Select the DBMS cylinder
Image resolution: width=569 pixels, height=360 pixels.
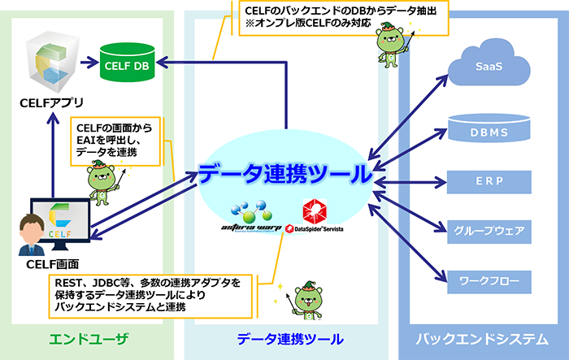click(489, 130)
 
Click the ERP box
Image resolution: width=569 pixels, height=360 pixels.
click(489, 181)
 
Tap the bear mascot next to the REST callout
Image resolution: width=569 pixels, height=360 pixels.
click(306, 302)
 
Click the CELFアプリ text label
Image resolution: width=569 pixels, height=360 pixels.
click(51, 105)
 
